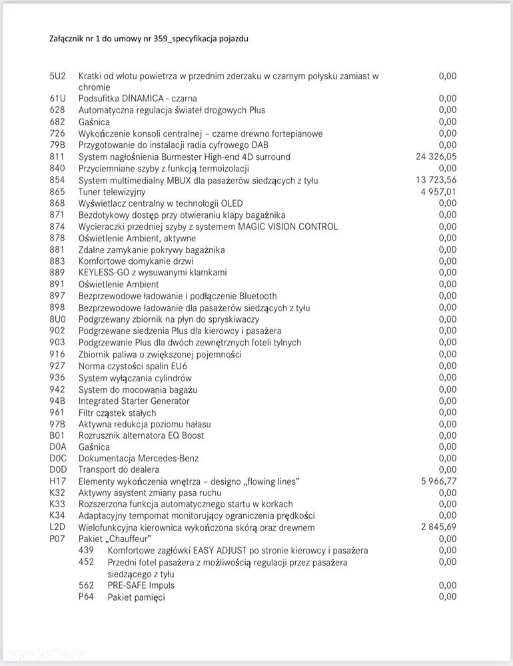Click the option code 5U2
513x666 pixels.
pyautogui.click(x=58, y=76)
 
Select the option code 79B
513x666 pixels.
pyautogui.click(x=58, y=145)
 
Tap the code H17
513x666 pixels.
pyautogui.click(x=58, y=481)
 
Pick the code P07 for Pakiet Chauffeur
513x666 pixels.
pyautogui.click(x=58, y=539)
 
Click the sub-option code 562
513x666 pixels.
pyautogui.click(x=87, y=585)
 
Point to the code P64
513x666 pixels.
pyautogui.click(x=87, y=597)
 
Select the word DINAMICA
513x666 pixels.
pyautogui.click(x=151, y=99)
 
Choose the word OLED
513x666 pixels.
pyautogui.click(x=231, y=203)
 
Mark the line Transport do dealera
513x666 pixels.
pyautogui.click(x=119, y=470)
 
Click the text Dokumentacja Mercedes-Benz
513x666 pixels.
pyautogui.click(x=139, y=459)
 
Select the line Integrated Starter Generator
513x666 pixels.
pyautogui.click(x=134, y=401)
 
